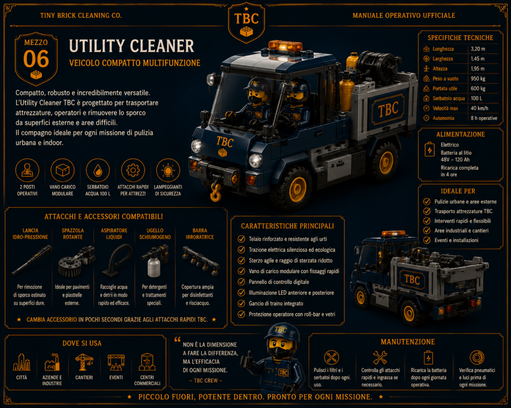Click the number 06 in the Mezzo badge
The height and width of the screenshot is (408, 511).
[x=36, y=59]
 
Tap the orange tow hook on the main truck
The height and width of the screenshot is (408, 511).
[x=215, y=192]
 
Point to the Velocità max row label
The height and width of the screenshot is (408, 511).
[x=445, y=108]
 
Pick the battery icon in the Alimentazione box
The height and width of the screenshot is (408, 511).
[x=430, y=149]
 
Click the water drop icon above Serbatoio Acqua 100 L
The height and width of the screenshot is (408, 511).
[x=97, y=170]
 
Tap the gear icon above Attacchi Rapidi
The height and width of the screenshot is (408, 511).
[x=133, y=170]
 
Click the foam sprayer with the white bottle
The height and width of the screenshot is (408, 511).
[x=155, y=260]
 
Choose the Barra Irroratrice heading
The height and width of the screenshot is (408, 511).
[x=200, y=234]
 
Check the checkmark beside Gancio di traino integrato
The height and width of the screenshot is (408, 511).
[x=241, y=303]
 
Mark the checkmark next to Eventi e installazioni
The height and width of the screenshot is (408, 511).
[x=427, y=240]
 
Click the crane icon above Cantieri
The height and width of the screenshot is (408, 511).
[x=84, y=362]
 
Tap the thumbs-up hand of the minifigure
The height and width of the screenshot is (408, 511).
[x=247, y=360]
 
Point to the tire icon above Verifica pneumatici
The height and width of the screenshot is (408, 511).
[x=477, y=358]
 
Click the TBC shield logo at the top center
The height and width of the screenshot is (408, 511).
[x=247, y=23]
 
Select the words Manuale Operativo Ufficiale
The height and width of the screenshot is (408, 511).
[x=404, y=15]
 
